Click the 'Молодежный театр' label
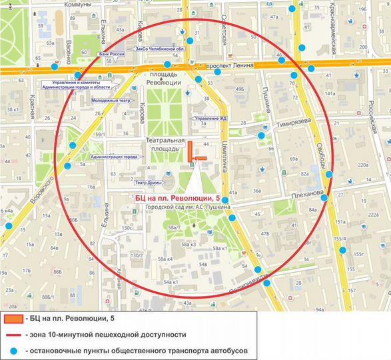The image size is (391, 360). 109,101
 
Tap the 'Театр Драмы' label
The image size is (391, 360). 150,182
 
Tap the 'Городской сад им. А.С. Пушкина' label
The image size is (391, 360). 189,207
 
